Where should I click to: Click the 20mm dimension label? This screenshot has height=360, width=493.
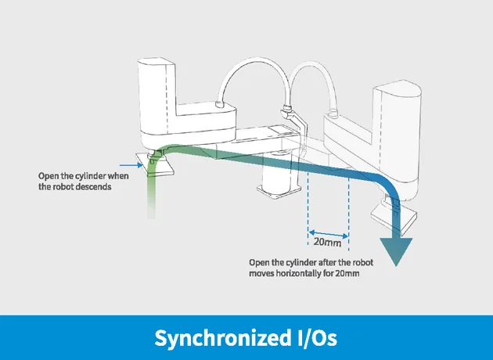pos(327,243)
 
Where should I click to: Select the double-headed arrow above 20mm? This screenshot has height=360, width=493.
pos(328,234)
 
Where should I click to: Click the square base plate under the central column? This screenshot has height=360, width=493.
pos(279,192)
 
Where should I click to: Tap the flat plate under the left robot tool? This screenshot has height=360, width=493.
pos(155,163)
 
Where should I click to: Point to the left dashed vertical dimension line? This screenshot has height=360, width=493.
pos(308,207)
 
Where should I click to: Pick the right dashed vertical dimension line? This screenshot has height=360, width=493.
pos(348,214)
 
